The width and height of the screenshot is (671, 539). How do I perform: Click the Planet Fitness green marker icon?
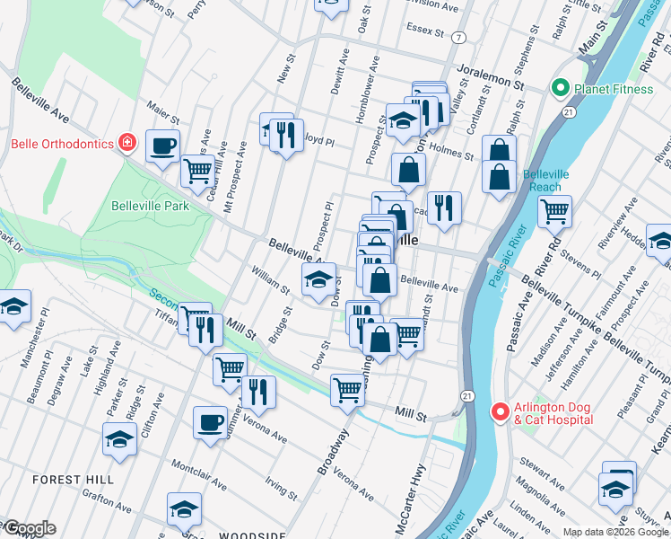tap(561, 88)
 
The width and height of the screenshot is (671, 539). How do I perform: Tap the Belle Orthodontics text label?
tap(62, 144)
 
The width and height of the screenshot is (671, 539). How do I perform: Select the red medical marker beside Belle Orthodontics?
tap(128, 143)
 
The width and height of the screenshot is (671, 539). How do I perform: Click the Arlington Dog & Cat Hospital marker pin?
tap(500, 411)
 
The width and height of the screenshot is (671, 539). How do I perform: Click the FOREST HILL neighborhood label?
tap(74, 480)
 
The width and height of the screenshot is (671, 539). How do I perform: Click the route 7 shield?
tap(459, 38)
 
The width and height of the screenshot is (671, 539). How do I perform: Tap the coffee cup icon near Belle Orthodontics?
tap(162, 146)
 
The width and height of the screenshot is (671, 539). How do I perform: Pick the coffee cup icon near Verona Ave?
tap(211, 421)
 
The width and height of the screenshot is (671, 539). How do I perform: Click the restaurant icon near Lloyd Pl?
tap(286, 135)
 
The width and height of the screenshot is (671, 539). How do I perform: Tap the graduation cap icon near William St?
tap(318, 280)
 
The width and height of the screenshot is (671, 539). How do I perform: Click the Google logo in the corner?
tap(29, 528)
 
